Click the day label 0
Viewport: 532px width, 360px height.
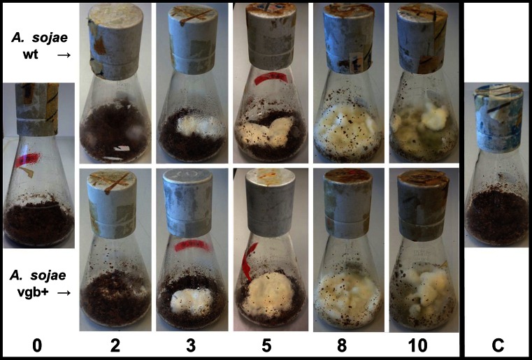click(37, 346)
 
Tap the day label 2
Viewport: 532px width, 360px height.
click(115, 346)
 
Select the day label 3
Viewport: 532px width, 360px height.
click(191, 346)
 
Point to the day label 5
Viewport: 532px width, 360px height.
click(266, 346)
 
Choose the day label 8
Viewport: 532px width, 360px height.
click(342, 346)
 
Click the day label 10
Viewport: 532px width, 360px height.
click(418, 346)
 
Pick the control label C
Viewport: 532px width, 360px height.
click(498, 346)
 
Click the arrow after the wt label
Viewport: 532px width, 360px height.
click(64, 55)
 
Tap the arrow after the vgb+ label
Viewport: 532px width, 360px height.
click(64, 292)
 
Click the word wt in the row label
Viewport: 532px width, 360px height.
click(31, 55)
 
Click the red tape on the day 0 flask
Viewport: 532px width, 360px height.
click(27, 159)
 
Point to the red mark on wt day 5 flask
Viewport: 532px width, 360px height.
click(271, 78)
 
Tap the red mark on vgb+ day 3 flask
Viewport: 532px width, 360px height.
click(192, 245)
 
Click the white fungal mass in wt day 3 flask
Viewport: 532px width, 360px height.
click(201, 127)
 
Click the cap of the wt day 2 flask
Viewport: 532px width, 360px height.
click(115, 43)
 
